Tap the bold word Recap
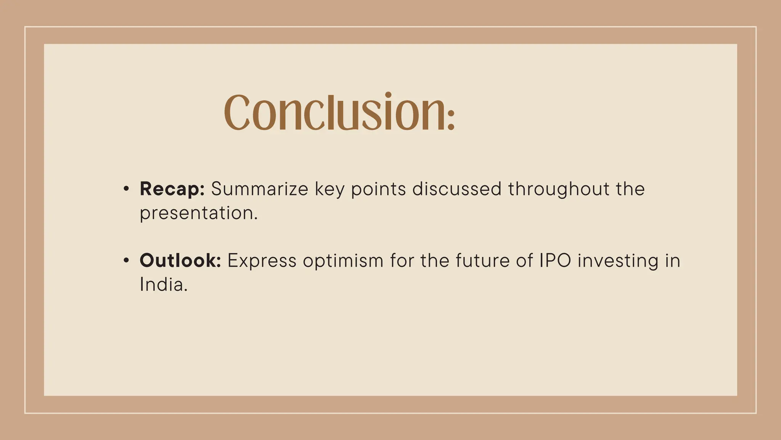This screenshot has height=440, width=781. (x=172, y=189)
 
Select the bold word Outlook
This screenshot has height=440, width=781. (x=180, y=260)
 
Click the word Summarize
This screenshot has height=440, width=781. (x=259, y=189)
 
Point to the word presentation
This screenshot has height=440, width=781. (x=198, y=213)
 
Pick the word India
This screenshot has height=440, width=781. (x=164, y=285)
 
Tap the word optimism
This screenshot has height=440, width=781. (x=343, y=261)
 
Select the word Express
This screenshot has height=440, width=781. (x=262, y=261)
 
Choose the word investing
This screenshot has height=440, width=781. (x=618, y=261)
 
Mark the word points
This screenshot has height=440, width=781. (x=378, y=189)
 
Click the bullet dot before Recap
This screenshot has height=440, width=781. (x=126, y=189)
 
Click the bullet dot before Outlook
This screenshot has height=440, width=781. (x=126, y=260)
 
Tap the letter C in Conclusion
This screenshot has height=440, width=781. (x=236, y=112)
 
